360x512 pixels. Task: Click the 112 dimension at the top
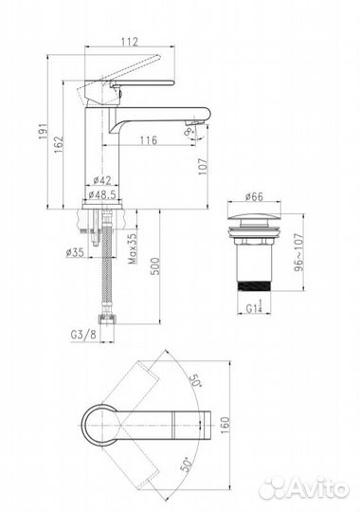130,42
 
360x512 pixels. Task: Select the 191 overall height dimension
44,132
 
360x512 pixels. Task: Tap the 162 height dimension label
59,145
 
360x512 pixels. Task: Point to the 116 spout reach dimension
149,140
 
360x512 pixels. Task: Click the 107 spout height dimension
203,167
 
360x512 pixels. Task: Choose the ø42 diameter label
102,180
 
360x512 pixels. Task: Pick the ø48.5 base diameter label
102,194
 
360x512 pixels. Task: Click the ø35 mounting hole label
75,252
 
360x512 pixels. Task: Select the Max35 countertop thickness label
133,248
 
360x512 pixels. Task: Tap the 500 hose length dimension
155,266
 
